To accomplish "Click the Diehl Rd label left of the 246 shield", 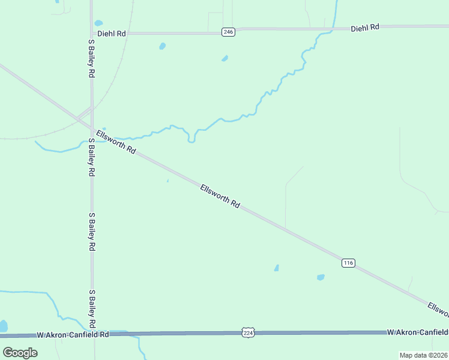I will [x=113, y=34].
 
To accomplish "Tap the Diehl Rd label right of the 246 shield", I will [x=365, y=28].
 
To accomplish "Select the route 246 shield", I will [x=228, y=32].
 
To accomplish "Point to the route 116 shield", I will [x=349, y=263].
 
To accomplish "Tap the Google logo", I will [x=20, y=352].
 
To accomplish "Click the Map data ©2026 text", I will [x=423, y=355].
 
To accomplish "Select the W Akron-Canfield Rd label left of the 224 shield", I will [x=72, y=334].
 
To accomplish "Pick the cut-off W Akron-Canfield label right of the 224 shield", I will [x=417, y=332].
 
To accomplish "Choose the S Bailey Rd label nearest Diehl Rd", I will [x=92, y=58].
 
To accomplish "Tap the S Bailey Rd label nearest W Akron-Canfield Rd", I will [x=92, y=309].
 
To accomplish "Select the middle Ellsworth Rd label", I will [x=220, y=196].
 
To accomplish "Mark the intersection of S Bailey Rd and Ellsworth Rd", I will [x=92, y=128].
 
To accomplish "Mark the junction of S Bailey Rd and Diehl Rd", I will [x=92, y=34].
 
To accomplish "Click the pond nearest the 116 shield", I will [x=321, y=277].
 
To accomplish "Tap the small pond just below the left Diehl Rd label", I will [x=162, y=46].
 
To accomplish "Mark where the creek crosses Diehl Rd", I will [x=331, y=29].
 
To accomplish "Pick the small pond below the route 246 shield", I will [x=224, y=58].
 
